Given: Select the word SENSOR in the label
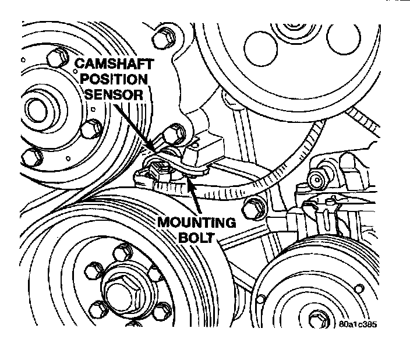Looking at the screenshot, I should pyautogui.click(x=112, y=94).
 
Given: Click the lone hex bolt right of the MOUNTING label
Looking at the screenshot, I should pyautogui.click(x=252, y=204).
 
